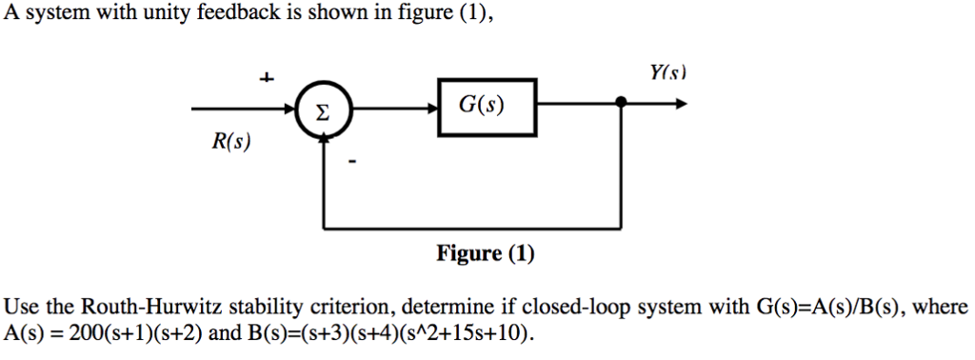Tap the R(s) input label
click(x=230, y=143)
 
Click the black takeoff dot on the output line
click(x=622, y=103)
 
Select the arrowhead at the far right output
click(x=680, y=104)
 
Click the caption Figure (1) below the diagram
click(x=486, y=253)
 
